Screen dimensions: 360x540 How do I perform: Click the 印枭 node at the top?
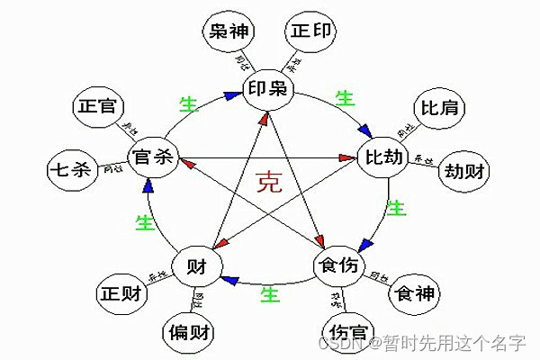pyautogui.click(x=269, y=88)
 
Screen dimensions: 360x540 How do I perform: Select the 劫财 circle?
pyautogui.click(x=462, y=171)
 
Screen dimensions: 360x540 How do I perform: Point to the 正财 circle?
pyautogui.click(x=121, y=293)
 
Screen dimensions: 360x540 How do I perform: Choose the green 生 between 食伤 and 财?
pyautogui.click(x=266, y=293)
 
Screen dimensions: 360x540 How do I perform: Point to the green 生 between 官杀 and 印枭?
pyautogui.click(x=189, y=103)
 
